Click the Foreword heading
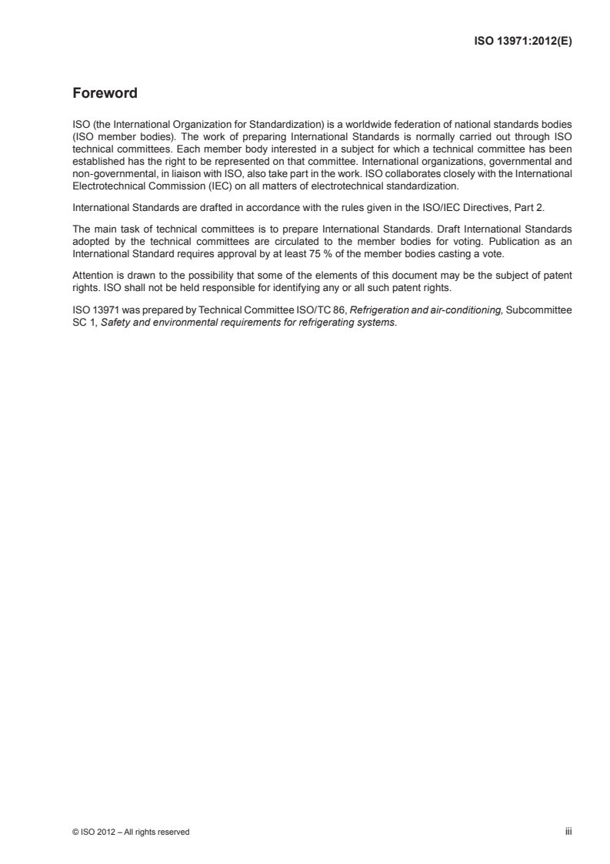click(x=105, y=94)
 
